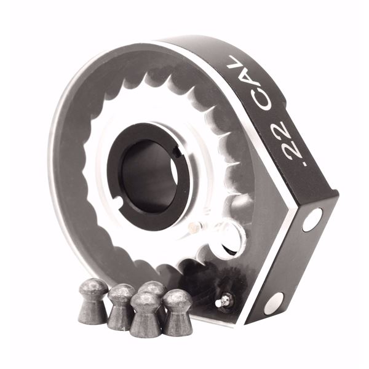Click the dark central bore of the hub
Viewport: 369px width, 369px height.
[x=148, y=176]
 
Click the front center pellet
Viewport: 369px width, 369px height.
[x=146, y=314]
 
